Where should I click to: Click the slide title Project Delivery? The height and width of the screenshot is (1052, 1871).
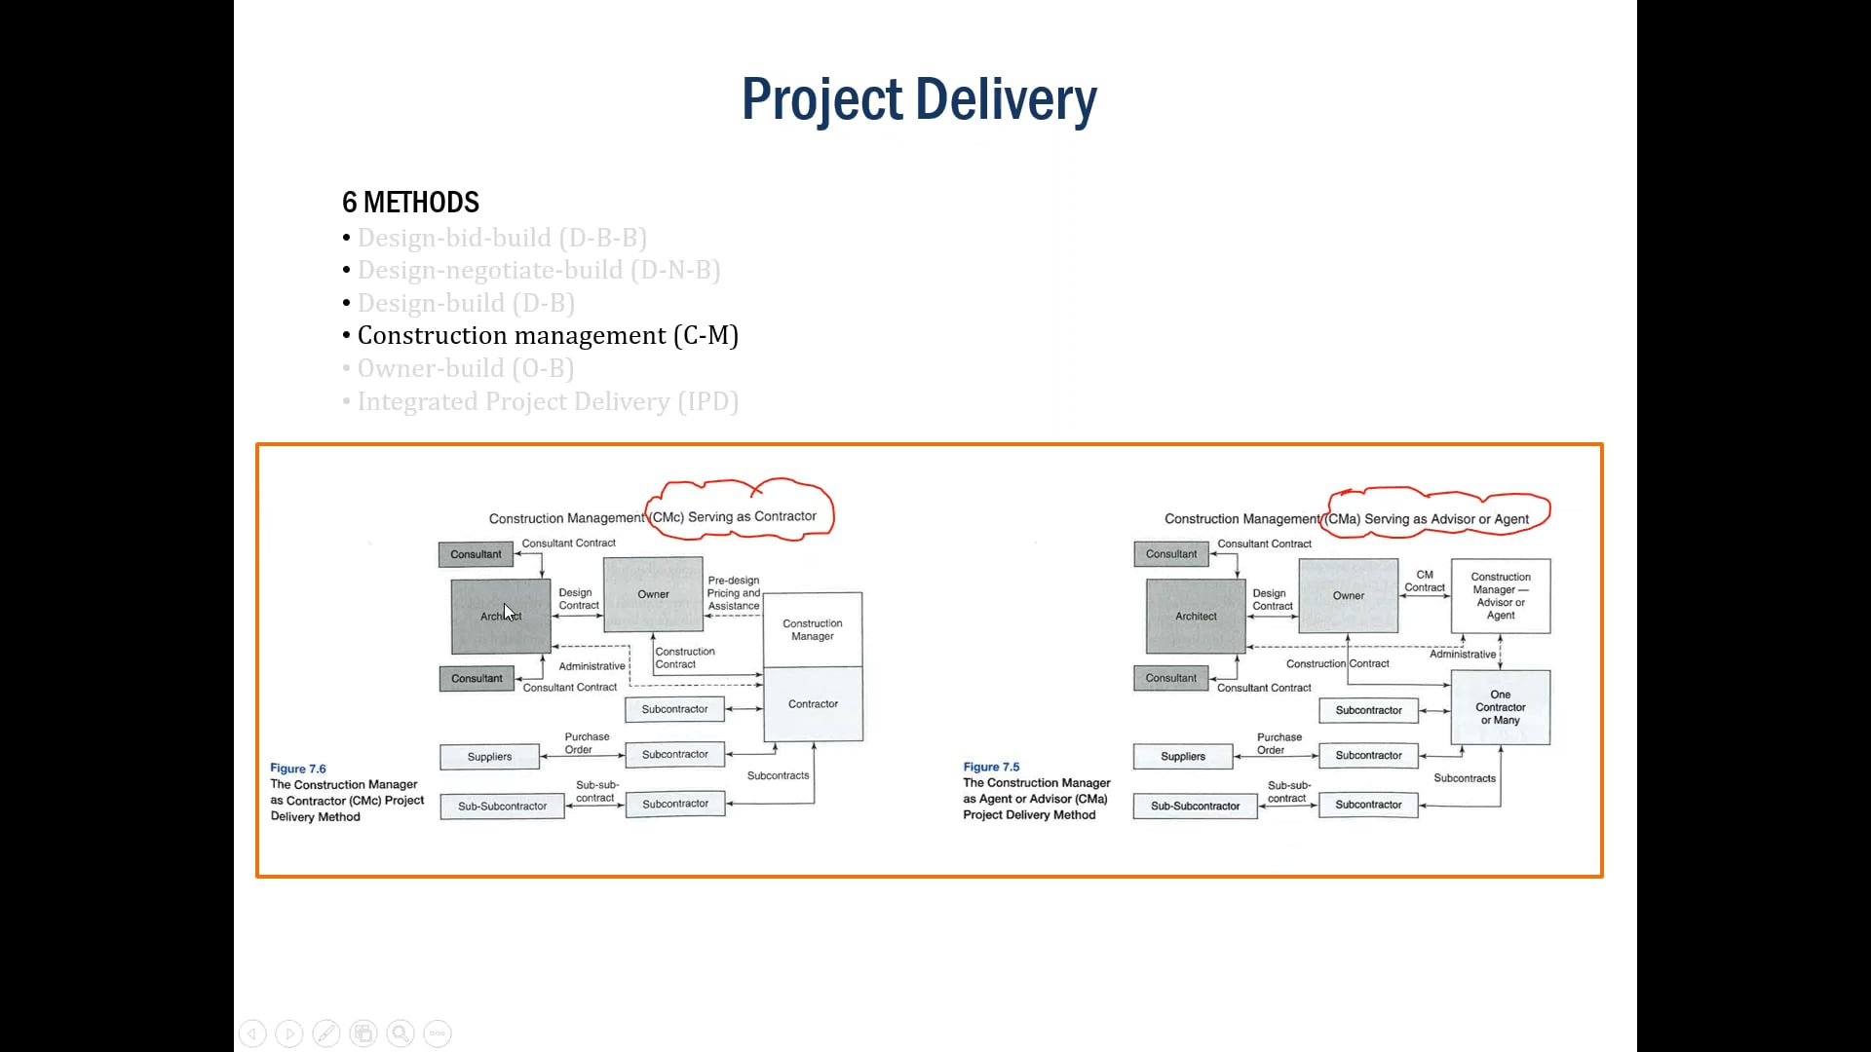tap(918, 99)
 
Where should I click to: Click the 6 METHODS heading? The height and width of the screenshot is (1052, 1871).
tap(410, 203)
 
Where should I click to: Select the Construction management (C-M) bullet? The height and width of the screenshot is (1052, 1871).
tap(547, 336)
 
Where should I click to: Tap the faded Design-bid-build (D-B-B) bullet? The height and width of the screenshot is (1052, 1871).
tap(501, 239)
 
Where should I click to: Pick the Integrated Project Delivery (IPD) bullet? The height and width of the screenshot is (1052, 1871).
tap(547, 401)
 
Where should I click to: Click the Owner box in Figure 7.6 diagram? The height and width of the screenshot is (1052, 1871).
tap(653, 594)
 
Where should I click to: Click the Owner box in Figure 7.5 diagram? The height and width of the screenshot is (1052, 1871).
tap(1348, 595)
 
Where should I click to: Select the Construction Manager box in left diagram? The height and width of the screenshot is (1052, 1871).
tap(812, 629)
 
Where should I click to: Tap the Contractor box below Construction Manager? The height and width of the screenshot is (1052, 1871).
tap(812, 704)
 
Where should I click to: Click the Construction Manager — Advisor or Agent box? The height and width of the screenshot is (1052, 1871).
tap(1500, 596)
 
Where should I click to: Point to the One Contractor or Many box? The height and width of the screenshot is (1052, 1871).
tap(1500, 708)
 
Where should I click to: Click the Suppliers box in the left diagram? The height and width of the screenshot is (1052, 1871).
tap(489, 757)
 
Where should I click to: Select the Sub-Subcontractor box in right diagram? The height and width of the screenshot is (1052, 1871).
tap(1195, 807)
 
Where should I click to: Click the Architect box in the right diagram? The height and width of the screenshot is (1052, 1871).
tap(1195, 617)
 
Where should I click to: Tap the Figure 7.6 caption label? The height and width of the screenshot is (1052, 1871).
tap(298, 769)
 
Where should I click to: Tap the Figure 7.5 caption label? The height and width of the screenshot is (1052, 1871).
tap(991, 767)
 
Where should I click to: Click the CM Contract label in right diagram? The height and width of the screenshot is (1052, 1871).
tap(1424, 582)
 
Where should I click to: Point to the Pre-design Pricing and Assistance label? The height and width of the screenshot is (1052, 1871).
tap(733, 593)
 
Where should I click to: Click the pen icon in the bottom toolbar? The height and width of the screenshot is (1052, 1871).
tap(326, 1033)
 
